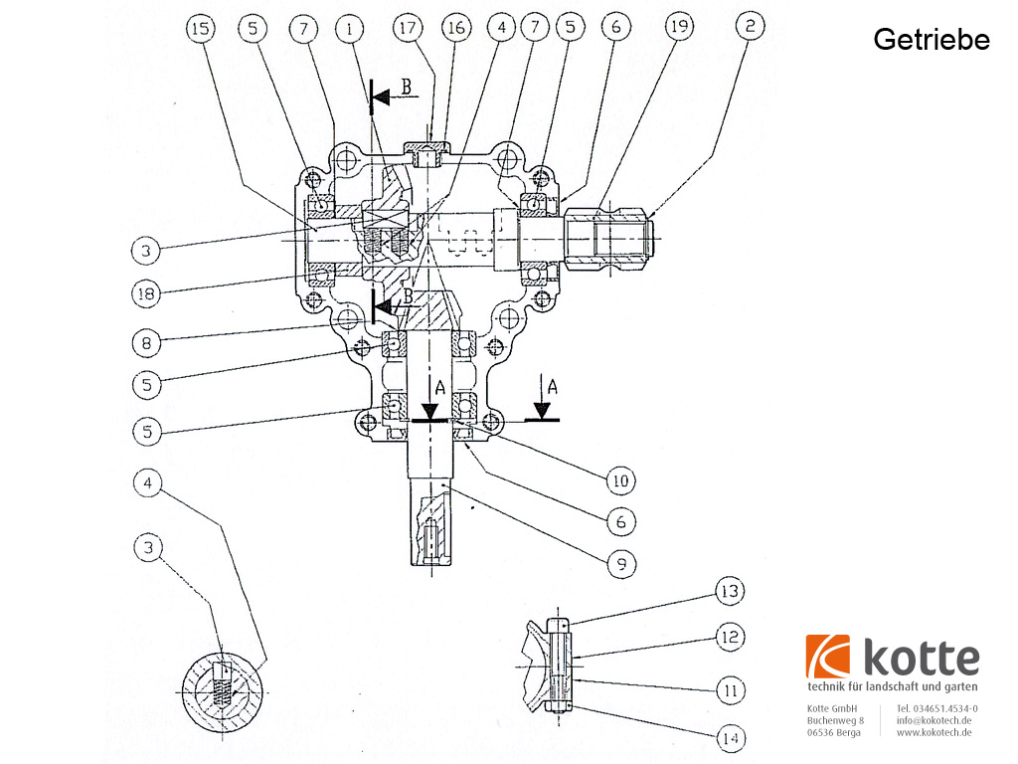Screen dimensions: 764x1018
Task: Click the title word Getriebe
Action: coord(932,40)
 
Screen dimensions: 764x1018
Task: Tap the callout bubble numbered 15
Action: coord(200,29)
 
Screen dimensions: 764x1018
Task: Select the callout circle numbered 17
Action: coord(407,29)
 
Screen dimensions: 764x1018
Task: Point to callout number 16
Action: coord(456,29)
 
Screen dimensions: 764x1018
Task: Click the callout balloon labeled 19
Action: coord(679,29)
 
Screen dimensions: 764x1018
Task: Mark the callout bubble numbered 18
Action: coord(146,293)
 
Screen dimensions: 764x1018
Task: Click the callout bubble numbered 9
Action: coord(620,563)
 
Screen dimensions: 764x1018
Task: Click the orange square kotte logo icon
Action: coord(828,657)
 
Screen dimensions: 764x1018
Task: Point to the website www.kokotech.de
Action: coord(933,732)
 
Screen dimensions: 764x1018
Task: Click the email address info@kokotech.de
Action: coord(933,720)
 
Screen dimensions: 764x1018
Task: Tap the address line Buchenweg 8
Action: coord(835,720)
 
